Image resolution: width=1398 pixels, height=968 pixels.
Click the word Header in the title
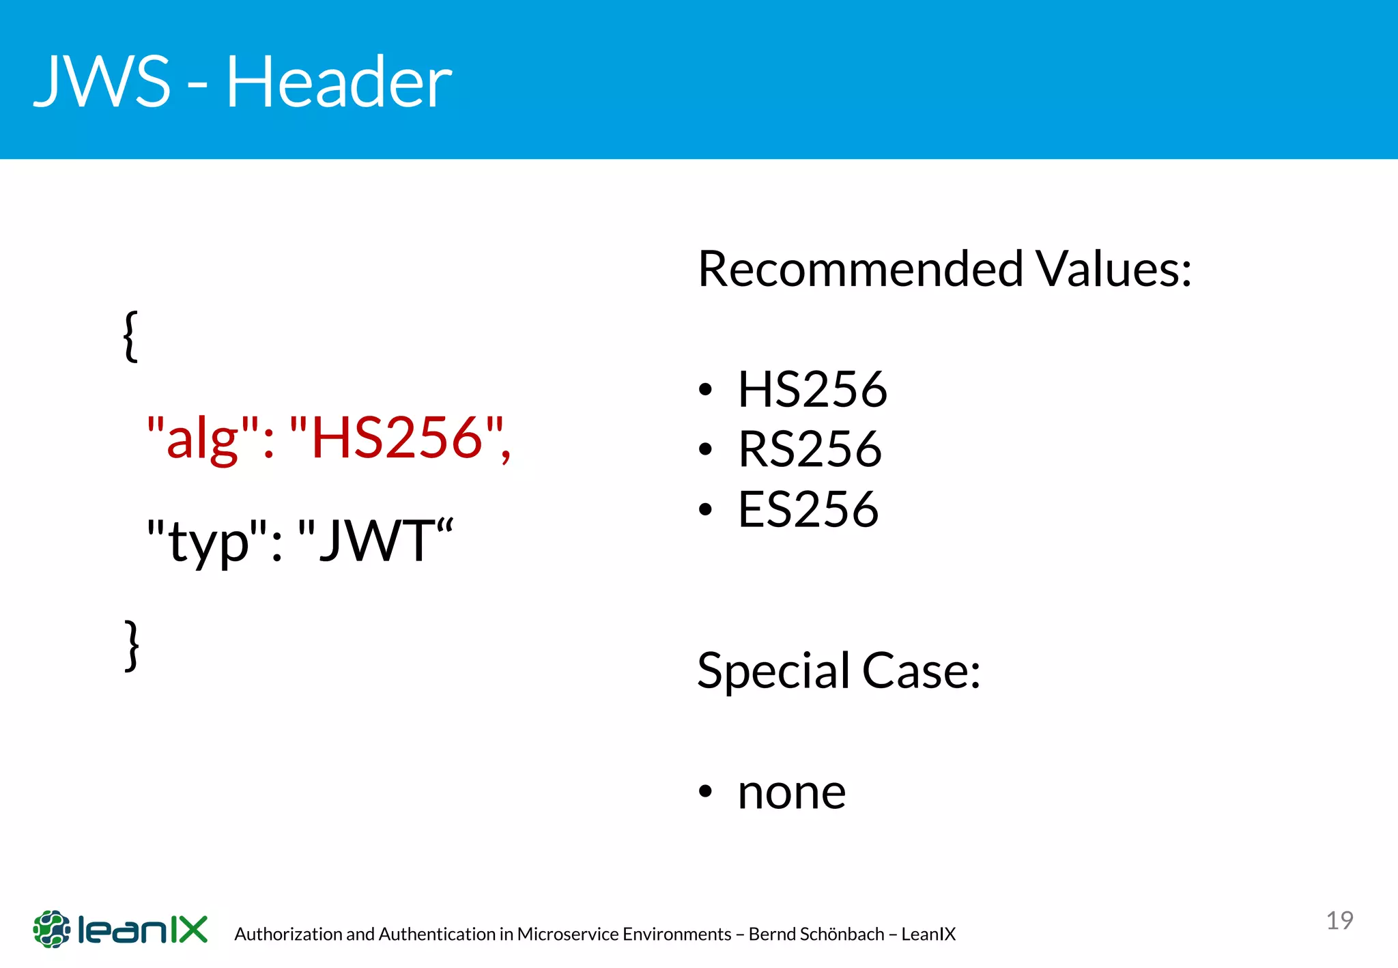[339, 82]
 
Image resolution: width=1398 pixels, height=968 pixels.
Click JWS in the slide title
[102, 82]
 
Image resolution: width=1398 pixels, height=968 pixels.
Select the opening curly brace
[130, 336]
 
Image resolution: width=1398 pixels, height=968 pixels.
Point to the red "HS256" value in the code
[396, 438]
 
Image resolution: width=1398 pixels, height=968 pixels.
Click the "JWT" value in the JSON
[375, 540]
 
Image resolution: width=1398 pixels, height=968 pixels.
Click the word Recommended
[860, 269]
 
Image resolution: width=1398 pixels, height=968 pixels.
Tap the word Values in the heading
[1113, 269]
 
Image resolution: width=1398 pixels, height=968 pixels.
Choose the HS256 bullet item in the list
[812, 390]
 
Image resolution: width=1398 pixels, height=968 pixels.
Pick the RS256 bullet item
[810, 449]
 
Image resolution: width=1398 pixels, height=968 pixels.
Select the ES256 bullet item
[808, 509]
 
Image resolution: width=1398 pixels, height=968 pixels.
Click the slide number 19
[1339, 920]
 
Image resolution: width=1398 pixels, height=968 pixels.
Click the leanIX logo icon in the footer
[52, 929]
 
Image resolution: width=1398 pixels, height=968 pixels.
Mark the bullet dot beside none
[705, 792]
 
